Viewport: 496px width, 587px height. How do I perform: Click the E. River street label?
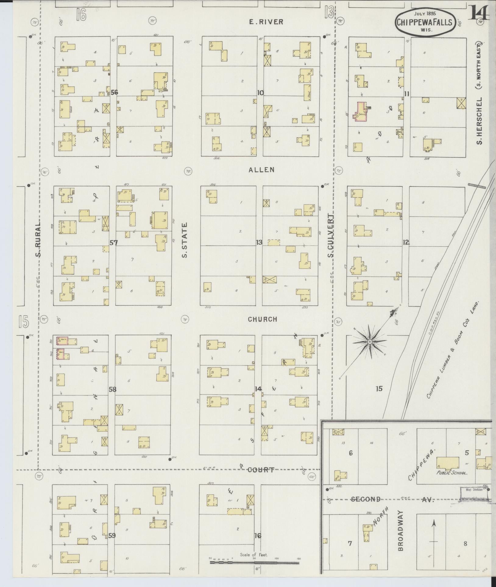point(266,22)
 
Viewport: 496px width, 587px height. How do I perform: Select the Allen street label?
point(261,170)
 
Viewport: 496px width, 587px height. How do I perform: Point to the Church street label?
point(262,319)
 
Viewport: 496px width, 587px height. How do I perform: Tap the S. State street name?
point(185,240)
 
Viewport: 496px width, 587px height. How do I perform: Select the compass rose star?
point(369,342)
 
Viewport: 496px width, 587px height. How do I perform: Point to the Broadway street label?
point(400,531)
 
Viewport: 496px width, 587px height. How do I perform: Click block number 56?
point(114,92)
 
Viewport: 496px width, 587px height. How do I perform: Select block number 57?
point(114,243)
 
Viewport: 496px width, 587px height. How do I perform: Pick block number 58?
point(113,389)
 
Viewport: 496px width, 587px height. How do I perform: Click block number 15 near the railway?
point(379,389)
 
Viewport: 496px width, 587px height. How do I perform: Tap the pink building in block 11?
point(360,112)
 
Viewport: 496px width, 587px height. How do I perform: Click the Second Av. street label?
point(366,499)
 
